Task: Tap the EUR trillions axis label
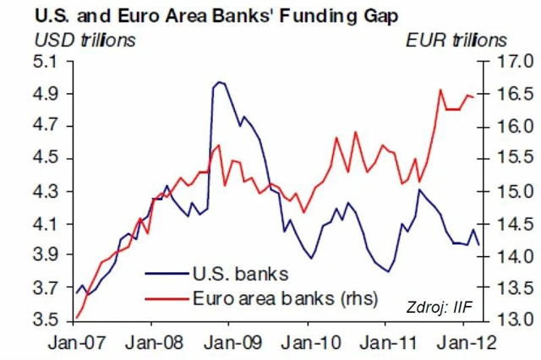457,39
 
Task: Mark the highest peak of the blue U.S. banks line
219,82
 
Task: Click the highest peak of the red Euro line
441,90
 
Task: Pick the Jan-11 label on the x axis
385,344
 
